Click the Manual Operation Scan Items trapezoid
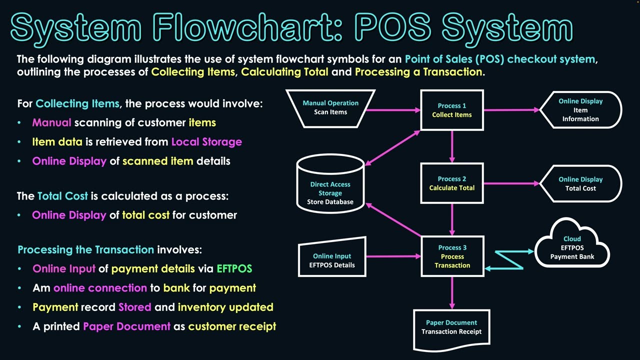tap(330, 107)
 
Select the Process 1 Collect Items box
tap(452, 110)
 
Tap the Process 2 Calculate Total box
tap(452, 183)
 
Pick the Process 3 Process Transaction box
tap(452, 256)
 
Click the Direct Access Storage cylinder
tap(330, 187)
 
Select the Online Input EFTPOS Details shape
tap(331, 260)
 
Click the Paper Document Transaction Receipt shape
tap(451, 327)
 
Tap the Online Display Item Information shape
tap(580, 110)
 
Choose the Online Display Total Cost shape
tap(580, 183)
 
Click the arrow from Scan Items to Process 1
tap(395, 110)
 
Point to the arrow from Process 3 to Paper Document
tap(452, 292)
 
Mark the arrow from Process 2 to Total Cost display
tap(511, 183)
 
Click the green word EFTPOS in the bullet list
tap(234, 269)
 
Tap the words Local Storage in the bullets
tap(206, 142)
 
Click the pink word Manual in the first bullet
tap(52, 122)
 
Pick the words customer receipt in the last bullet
tap(232, 326)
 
